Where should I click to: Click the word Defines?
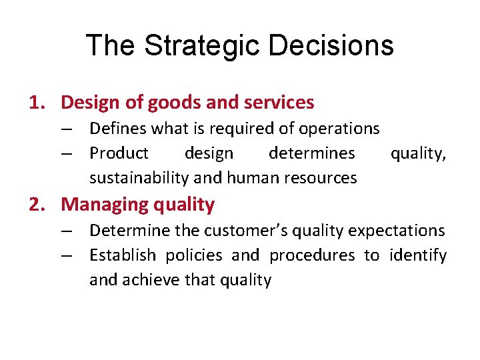pos(117,128)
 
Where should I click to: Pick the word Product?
pos(119,153)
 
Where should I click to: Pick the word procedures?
pos(313,255)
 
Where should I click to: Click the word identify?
pos(418,255)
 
